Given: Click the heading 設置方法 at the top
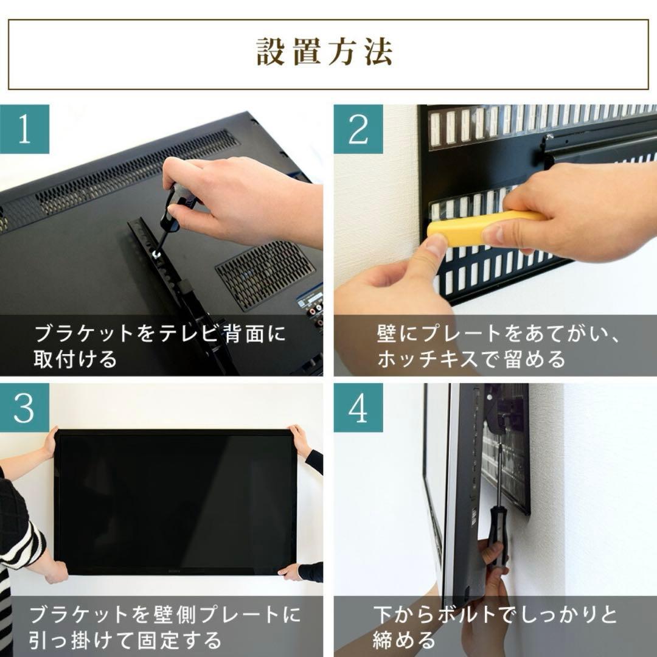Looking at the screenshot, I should pos(324,54).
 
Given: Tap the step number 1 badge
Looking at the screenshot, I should pos(24,129).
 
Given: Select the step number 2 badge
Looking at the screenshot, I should pos(358,129).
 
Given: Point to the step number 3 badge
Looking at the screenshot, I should pos(24,408).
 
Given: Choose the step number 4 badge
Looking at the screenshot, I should pos(358,408).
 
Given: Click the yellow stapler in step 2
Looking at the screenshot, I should pos(481,228).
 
